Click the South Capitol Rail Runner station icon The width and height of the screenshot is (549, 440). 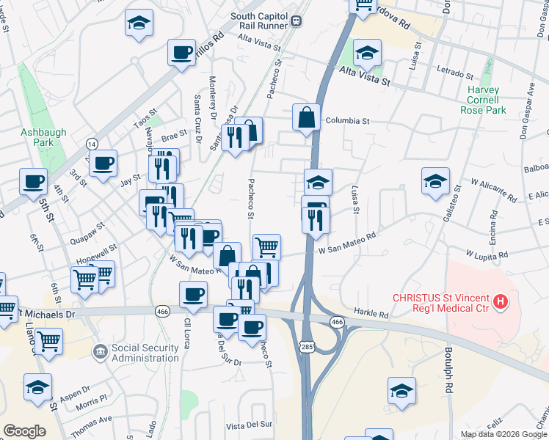pyautogui.click(x=296, y=21)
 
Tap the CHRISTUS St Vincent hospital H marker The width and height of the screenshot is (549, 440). pyautogui.click(x=501, y=301)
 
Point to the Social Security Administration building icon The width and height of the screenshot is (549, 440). pyautogui.click(x=99, y=352)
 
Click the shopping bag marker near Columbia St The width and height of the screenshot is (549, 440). pyautogui.click(x=306, y=117)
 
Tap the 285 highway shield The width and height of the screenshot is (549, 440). pyautogui.click(x=306, y=345)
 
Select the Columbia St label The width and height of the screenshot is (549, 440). pyautogui.click(x=347, y=120)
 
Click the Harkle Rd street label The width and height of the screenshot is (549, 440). pyautogui.click(x=373, y=314)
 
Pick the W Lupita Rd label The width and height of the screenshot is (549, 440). pyautogui.click(x=487, y=255)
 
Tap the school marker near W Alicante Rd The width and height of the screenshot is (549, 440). pyautogui.click(x=435, y=181)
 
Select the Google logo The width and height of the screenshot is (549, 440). pyautogui.click(x=24, y=430)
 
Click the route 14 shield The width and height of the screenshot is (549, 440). pyautogui.click(x=91, y=143)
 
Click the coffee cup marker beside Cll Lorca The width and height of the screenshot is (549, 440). pyautogui.click(x=194, y=295)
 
